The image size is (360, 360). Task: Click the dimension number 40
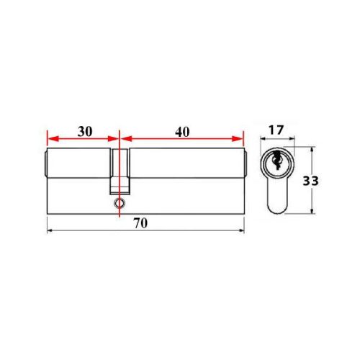tap(182, 132)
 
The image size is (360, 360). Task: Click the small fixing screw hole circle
tap(118, 204)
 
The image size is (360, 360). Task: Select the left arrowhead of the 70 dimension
tap(50, 231)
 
